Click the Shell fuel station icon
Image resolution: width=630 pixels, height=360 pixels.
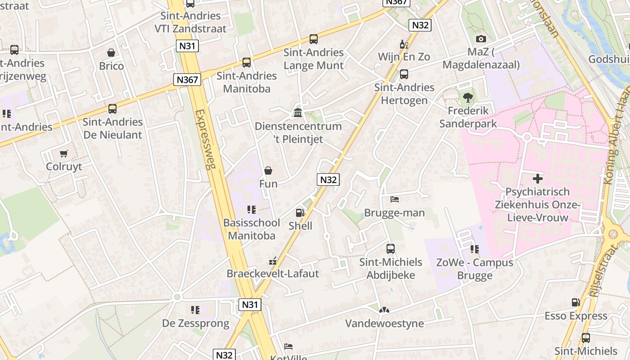300,212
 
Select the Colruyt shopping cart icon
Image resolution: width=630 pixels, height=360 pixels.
64,153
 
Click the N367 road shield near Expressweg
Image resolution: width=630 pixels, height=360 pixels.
187,80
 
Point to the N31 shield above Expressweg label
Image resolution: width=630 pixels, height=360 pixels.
188,46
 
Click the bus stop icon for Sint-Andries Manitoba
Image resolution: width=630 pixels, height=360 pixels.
246,63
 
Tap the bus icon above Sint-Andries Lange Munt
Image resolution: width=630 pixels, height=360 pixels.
314,39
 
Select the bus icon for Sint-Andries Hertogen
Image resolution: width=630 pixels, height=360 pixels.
404,74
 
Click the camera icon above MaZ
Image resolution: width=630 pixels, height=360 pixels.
481,39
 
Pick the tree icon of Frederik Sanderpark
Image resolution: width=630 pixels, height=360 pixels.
468,97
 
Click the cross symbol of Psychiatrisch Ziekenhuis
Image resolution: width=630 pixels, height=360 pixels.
537,179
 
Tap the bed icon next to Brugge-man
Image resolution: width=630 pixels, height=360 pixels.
394,199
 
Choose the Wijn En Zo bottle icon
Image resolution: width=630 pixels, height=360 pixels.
404,44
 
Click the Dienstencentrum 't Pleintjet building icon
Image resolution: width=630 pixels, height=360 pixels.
298,112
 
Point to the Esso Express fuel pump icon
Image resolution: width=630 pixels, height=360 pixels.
576,302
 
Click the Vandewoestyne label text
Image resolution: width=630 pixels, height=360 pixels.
384,323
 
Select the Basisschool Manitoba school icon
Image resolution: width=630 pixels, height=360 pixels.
251,210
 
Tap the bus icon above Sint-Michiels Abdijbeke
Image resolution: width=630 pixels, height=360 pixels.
391,249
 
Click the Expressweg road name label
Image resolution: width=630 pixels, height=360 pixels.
206,139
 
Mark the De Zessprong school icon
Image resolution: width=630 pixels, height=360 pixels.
195,310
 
